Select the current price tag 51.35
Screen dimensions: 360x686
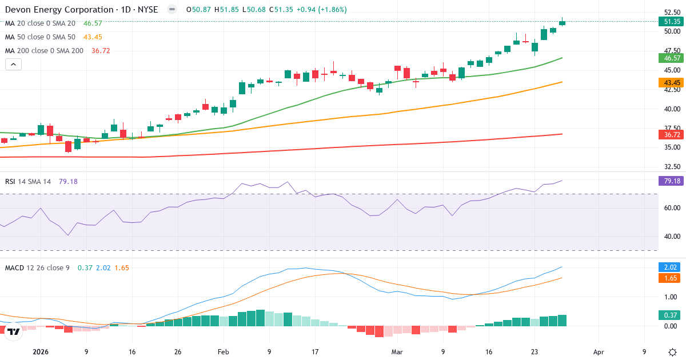[671, 22]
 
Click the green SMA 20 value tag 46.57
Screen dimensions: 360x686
[671, 58]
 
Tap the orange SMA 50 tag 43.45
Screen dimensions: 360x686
[671, 82]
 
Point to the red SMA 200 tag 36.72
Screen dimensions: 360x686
[671, 134]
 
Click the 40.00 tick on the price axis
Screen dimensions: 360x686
[671, 109]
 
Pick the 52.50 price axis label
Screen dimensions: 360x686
[671, 12]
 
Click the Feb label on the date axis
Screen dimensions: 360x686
[223, 353]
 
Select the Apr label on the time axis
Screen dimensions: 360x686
[599, 353]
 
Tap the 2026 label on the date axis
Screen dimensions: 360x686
[41, 353]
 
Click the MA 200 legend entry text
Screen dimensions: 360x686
[45, 51]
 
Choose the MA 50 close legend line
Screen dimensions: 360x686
[40, 37]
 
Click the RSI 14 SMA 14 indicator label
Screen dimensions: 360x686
[28, 182]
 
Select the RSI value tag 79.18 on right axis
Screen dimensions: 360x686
[671, 182]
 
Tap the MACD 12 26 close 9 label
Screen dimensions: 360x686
[38, 267]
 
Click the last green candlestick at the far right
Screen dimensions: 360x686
[563, 23]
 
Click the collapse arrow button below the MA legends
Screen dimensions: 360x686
[13, 65]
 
